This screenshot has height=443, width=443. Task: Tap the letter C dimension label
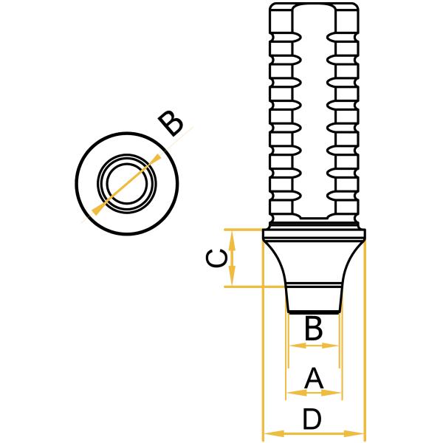point(215,258)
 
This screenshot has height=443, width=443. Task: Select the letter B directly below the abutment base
point(314,329)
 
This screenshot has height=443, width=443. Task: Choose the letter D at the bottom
point(313,419)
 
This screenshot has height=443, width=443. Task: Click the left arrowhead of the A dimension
point(290,392)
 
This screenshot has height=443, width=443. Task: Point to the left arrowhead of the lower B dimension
point(293,345)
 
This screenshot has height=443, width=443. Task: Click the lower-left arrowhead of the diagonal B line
point(97,210)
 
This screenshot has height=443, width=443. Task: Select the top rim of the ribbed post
point(314,5)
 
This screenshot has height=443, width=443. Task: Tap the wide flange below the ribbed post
point(314,235)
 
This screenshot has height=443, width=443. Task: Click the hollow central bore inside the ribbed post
point(314,111)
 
